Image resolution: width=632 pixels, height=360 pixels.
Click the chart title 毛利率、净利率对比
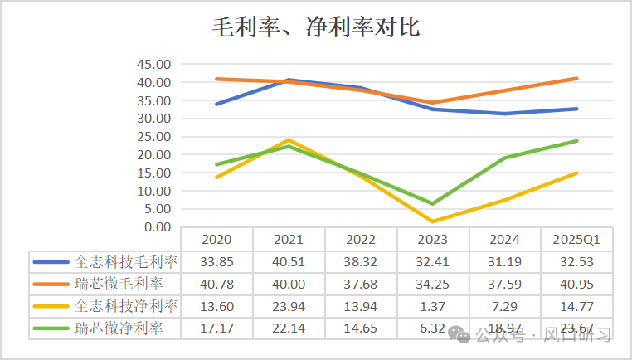[x=316, y=28]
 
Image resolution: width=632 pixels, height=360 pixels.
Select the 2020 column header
[x=216, y=240]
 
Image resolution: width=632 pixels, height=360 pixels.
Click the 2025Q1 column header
[x=576, y=240]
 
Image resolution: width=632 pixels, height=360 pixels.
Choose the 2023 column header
[x=432, y=240]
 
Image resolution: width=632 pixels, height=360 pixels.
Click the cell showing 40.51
[x=289, y=262]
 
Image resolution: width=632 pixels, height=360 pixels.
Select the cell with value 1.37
[x=432, y=307]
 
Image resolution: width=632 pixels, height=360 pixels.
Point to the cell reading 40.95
[x=576, y=285]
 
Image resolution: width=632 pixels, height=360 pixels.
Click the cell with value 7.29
[x=504, y=307]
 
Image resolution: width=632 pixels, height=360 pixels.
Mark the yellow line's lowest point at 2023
[x=432, y=221]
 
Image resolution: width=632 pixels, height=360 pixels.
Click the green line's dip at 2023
[x=432, y=203]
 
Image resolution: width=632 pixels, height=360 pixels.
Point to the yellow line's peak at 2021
[x=289, y=139]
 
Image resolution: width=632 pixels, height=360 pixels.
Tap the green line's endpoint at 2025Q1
[x=576, y=141]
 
